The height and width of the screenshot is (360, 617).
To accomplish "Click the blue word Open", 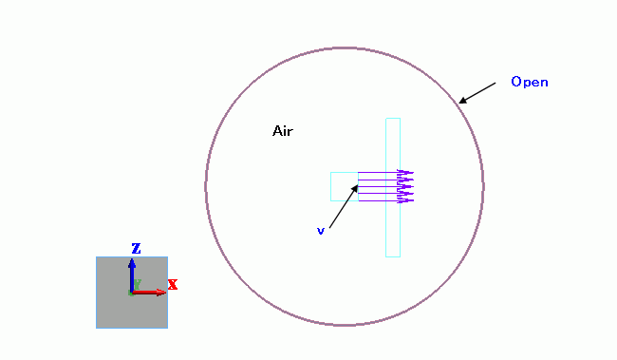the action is (x=530, y=82).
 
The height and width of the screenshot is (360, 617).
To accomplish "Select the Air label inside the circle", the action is (x=283, y=131).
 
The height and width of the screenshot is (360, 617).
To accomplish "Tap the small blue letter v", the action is (x=321, y=231).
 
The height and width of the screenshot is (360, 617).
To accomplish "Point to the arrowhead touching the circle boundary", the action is (x=463, y=101).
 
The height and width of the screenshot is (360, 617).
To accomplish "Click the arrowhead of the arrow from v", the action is (x=355, y=189).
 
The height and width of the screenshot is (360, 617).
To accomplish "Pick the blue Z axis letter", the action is (x=136, y=249).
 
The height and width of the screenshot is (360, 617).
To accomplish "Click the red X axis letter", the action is (x=173, y=284).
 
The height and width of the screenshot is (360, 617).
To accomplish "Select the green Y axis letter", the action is (x=138, y=284).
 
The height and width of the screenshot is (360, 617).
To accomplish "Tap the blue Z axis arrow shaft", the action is (x=132, y=275).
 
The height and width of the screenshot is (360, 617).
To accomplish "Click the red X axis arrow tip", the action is (x=164, y=293).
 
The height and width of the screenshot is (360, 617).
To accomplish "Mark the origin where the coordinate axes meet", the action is (x=132, y=293).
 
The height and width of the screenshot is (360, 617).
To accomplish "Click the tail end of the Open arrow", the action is (x=495, y=83).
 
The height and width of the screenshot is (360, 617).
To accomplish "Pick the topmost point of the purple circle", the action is (x=345, y=48).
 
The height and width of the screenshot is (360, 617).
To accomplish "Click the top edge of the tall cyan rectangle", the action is (x=393, y=118).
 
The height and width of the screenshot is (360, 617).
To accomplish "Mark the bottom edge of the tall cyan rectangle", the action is (x=393, y=256).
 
